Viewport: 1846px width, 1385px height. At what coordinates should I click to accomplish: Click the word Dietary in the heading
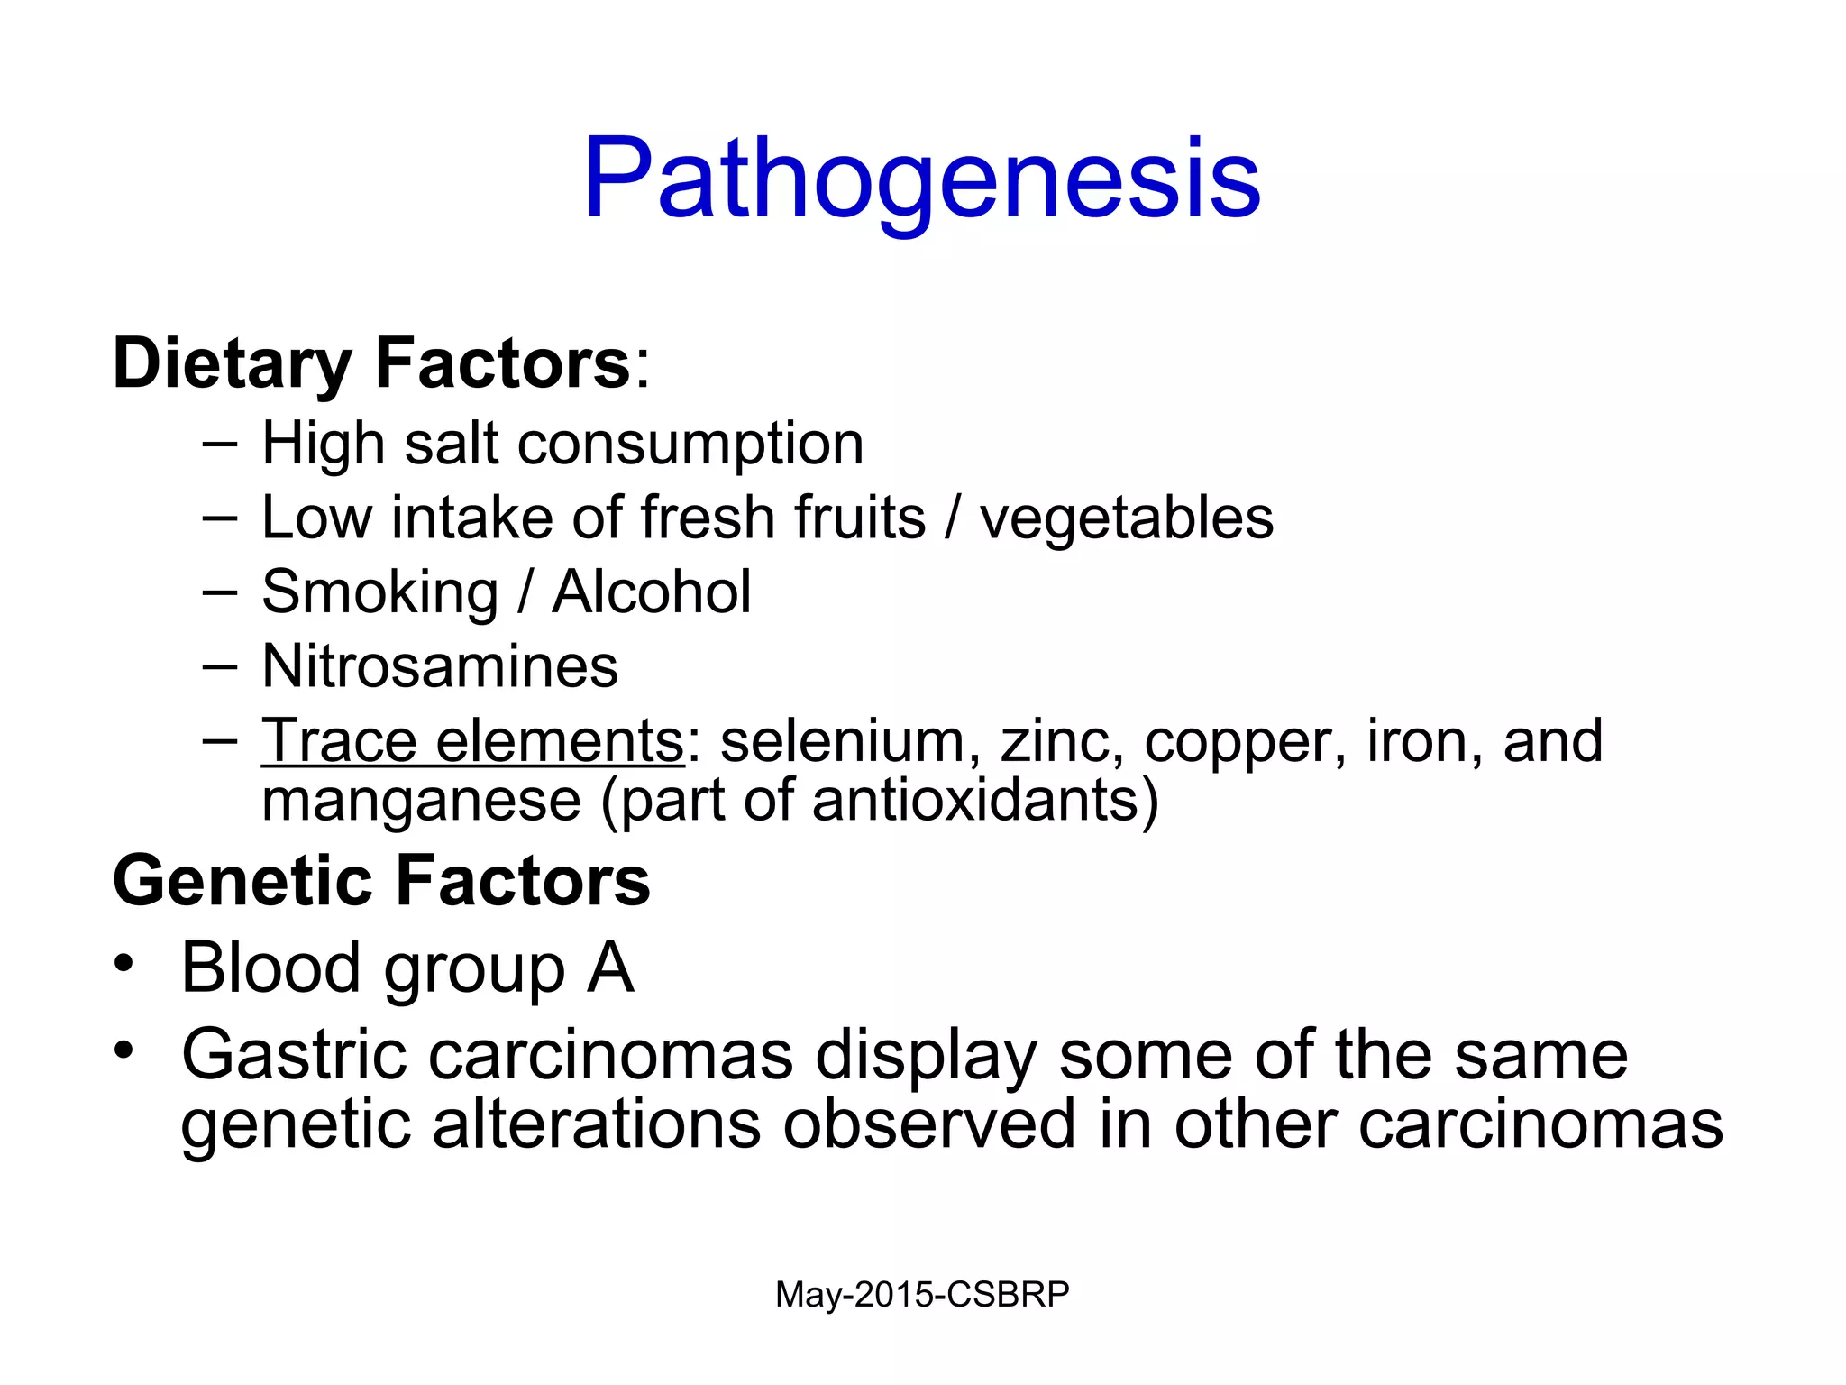[232, 363]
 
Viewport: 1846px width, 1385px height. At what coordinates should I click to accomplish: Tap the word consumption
[690, 445]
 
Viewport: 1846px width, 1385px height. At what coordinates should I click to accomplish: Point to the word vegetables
[1127, 518]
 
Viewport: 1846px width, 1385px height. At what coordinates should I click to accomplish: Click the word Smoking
[379, 593]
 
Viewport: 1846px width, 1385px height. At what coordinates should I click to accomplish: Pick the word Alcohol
[651, 592]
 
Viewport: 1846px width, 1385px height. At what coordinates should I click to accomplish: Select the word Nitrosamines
[440, 666]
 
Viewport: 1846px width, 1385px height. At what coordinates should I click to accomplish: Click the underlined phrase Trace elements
[472, 741]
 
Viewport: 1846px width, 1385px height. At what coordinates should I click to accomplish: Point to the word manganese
[421, 801]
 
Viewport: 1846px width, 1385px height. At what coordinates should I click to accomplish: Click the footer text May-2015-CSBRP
[922, 1294]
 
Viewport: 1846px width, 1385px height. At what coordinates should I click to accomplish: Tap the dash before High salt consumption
[220, 444]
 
